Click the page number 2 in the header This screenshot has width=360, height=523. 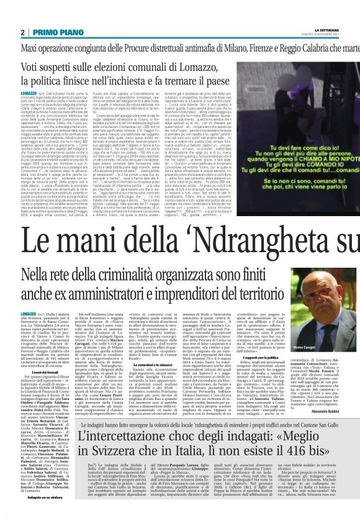tap(22, 32)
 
